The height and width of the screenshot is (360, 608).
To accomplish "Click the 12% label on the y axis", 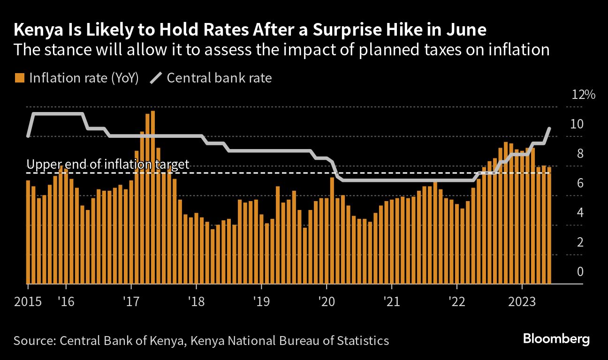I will [x=584, y=95].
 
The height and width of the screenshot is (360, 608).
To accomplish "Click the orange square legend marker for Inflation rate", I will [x=20, y=78].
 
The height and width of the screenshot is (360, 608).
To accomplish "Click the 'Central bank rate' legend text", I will [x=219, y=78].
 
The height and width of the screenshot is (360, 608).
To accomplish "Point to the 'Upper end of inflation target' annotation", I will [x=108, y=165].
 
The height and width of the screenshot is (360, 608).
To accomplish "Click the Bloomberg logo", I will [x=556, y=339].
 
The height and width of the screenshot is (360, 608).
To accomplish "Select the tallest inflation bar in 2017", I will [x=153, y=197].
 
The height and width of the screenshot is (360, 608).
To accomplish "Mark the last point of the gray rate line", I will [x=549, y=128].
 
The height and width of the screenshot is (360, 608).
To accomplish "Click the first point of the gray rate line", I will [x=28, y=136].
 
